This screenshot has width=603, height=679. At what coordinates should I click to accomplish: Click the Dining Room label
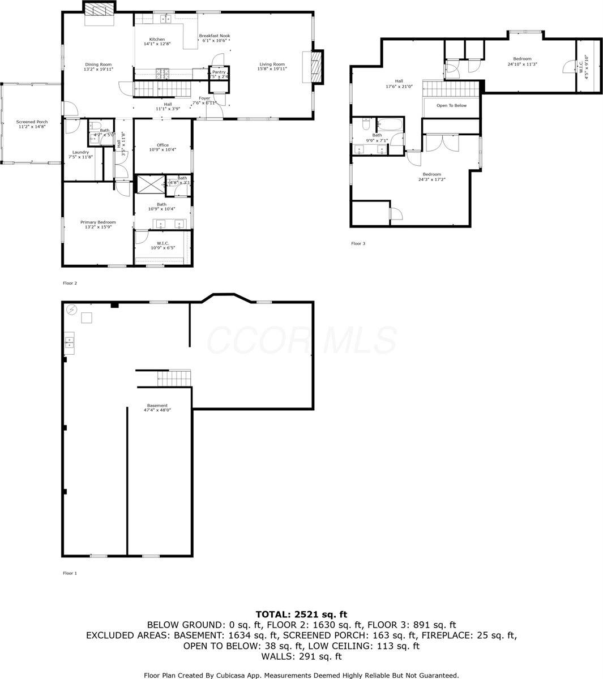pyautogui.click(x=99, y=65)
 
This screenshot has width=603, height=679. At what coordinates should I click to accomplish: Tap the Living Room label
pyautogui.click(x=272, y=65)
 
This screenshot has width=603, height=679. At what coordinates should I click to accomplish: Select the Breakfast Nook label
pyautogui.click(x=214, y=36)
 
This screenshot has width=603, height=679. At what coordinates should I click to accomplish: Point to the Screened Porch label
pyautogui.click(x=32, y=122)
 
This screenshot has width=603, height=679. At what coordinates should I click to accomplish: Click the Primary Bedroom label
pyautogui.click(x=98, y=222)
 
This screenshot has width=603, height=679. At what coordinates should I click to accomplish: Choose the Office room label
pyautogui.click(x=162, y=145)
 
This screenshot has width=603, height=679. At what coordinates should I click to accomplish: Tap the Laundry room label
pyautogui.click(x=79, y=152)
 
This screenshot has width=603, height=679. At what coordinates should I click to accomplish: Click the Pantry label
pyautogui.click(x=219, y=72)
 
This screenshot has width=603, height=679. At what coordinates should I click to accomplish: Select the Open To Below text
pyautogui.click(x=451, y=106)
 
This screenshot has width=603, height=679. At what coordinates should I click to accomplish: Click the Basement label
pyautogui.click(x=157, y=406)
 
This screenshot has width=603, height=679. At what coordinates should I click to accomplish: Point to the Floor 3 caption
pyautogui.click(x=358, y=244)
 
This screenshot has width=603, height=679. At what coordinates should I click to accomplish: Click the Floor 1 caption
pyautogui.click(x=70, y=573)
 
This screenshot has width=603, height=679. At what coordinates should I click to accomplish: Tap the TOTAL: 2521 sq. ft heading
pyautogui.click(x=301, y=614)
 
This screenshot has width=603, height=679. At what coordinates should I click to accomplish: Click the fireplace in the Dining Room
pyautogui.click(x=100, y=10)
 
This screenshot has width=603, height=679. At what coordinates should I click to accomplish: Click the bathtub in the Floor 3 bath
pyautogui.click(x=390, y=124)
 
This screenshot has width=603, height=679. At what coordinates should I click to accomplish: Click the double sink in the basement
pyautogui.click(x=69, y=341)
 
